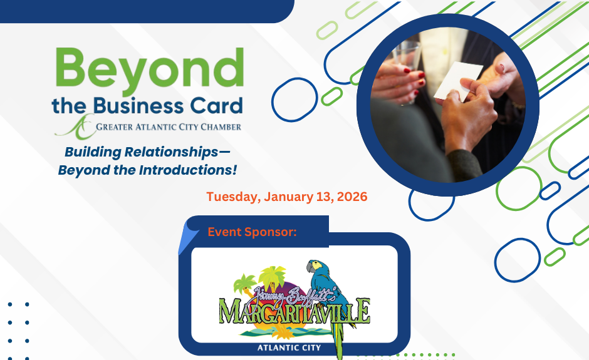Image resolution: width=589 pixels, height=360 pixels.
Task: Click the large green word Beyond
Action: [x=150, y=71]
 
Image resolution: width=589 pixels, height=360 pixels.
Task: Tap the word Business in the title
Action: [x=138, y=106]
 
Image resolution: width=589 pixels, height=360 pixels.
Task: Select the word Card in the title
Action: [x=216, y=106]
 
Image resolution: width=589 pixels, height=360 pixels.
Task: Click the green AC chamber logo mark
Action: [x=75, y=126]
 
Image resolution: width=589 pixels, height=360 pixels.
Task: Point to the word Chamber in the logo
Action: [x=221, y=127]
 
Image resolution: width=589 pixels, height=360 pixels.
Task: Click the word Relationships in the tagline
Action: [x=171, y=152]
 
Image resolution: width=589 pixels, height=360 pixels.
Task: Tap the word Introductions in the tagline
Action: [x=188, y=170]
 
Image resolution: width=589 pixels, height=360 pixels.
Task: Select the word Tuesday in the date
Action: [x=233, y=197]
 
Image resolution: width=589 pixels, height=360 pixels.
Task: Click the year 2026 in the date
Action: [x=352, y=197]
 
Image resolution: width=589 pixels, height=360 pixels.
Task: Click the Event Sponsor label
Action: [x=252, y=232]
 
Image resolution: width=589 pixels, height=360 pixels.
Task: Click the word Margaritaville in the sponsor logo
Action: [x=294, y=311]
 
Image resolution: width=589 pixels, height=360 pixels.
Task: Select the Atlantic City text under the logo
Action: [x=289, y=348]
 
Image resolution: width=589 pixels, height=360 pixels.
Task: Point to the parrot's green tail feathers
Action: [x=339, y=340]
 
